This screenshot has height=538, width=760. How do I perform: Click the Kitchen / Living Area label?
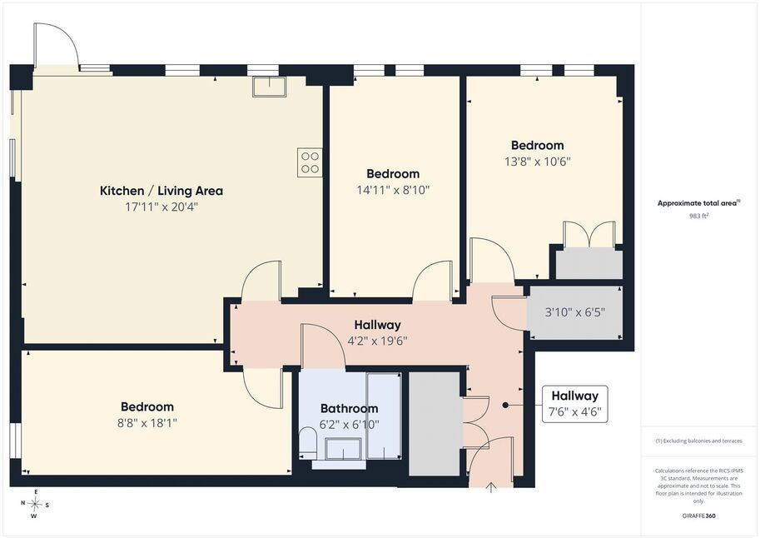pos(161,191)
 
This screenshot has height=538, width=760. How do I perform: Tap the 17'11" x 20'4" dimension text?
pos(161,207)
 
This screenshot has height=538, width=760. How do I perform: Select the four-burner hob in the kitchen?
pos(310,162)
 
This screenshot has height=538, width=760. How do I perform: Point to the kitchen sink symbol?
pos(269,87)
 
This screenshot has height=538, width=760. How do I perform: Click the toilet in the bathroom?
pos(307,441)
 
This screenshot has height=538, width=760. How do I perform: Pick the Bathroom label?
pos(349,408)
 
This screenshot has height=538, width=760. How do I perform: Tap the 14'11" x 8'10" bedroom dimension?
pos(393,190)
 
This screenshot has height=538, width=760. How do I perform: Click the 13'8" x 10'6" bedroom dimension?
pos(538,161)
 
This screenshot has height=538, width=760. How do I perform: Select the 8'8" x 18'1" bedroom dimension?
pos(147,422)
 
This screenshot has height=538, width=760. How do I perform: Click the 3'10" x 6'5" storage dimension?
pos(575,312)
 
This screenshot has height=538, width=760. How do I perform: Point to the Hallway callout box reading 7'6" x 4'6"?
pos(575,404)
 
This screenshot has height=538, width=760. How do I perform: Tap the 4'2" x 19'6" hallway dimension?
pos(378,341)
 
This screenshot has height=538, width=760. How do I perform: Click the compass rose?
pos(35,504)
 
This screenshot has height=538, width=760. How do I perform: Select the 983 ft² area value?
pos(699,216)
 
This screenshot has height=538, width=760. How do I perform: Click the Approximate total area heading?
pos(698,203)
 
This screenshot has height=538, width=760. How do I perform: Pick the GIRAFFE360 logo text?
pos(698,516)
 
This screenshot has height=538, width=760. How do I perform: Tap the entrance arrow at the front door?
pos(491,487)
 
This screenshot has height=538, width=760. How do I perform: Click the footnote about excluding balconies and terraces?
pos(698,441)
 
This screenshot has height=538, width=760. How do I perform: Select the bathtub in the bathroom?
pos(384,416)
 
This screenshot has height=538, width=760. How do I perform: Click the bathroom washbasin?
pos(343,449)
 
